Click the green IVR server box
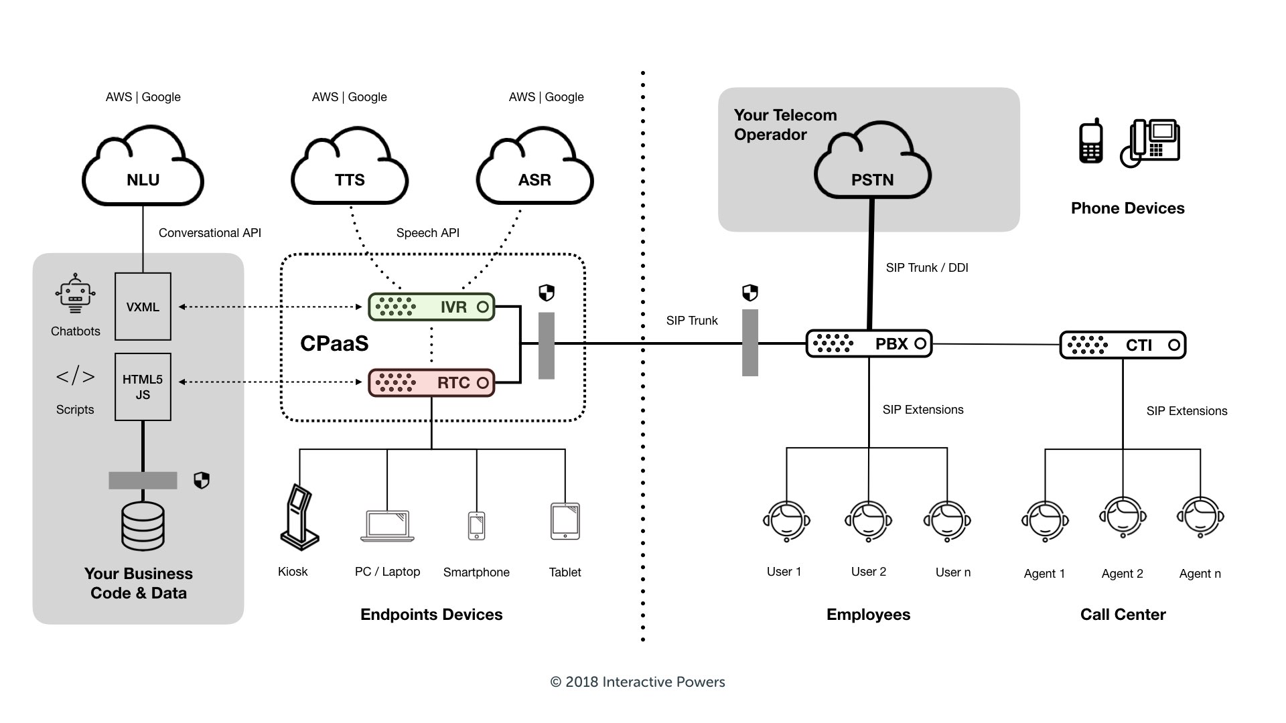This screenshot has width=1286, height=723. [x=431, y=307]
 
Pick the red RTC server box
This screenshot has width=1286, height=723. [x=431, y=383]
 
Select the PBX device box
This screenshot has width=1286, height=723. [x=869, y=344]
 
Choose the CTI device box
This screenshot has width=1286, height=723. [x=1123, y=345]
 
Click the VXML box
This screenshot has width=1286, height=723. [x=143, y=307]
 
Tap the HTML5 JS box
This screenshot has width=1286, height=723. [x=143, y=387]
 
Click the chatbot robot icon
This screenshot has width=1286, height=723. [x=75, y=294]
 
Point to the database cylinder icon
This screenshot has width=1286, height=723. [x=143, y=526]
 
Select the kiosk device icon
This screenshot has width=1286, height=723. [x=299, y=517]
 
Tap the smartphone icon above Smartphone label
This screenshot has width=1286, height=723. [x=476, y=526]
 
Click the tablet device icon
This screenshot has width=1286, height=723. [x=565, y=521]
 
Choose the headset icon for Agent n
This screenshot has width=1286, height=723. [x=1200, y=517]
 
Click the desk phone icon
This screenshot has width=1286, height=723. [x=1150, y=143]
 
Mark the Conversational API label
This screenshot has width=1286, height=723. [x=210, y=233]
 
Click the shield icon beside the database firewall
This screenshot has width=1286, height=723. [x=202, y=481]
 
